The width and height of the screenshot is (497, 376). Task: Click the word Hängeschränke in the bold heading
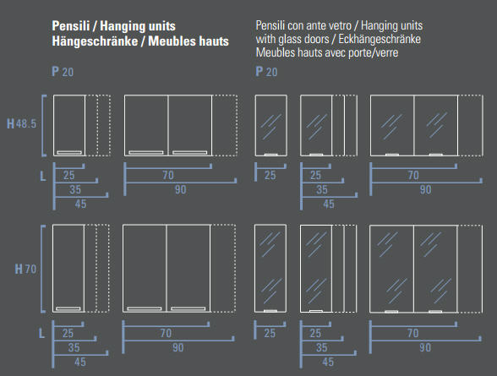pos(95,41)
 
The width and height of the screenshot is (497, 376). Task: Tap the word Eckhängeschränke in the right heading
pos(380,39)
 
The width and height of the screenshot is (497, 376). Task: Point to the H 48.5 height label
pos(22,123)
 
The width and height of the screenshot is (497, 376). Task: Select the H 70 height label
pos(25,270)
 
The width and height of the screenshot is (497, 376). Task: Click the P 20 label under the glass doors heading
pos(266,72)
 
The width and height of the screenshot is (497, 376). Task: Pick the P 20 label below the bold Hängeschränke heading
pos(63,72)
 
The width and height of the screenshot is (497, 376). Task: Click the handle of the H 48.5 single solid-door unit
pos(69,152)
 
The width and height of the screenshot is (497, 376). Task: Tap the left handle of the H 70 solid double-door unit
pos(145,308)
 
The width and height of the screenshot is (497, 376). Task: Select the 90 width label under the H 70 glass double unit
pos(425,347)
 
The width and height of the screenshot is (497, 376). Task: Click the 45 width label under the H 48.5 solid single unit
pos(80,204)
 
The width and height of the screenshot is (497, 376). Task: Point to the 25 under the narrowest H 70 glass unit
pos(270,333)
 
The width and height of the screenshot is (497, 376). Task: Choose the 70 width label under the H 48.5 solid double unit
pos(168,175)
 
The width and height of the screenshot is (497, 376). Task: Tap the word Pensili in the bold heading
pos(71,26)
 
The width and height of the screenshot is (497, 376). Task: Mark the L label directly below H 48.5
pos(43,176)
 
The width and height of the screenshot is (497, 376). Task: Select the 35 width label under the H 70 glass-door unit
pos(321,347)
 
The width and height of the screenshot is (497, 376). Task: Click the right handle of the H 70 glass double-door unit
pos(435,312)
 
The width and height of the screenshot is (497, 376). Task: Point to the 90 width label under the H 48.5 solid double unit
pos(180,190)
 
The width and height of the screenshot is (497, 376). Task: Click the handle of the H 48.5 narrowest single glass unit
pos(271,155)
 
